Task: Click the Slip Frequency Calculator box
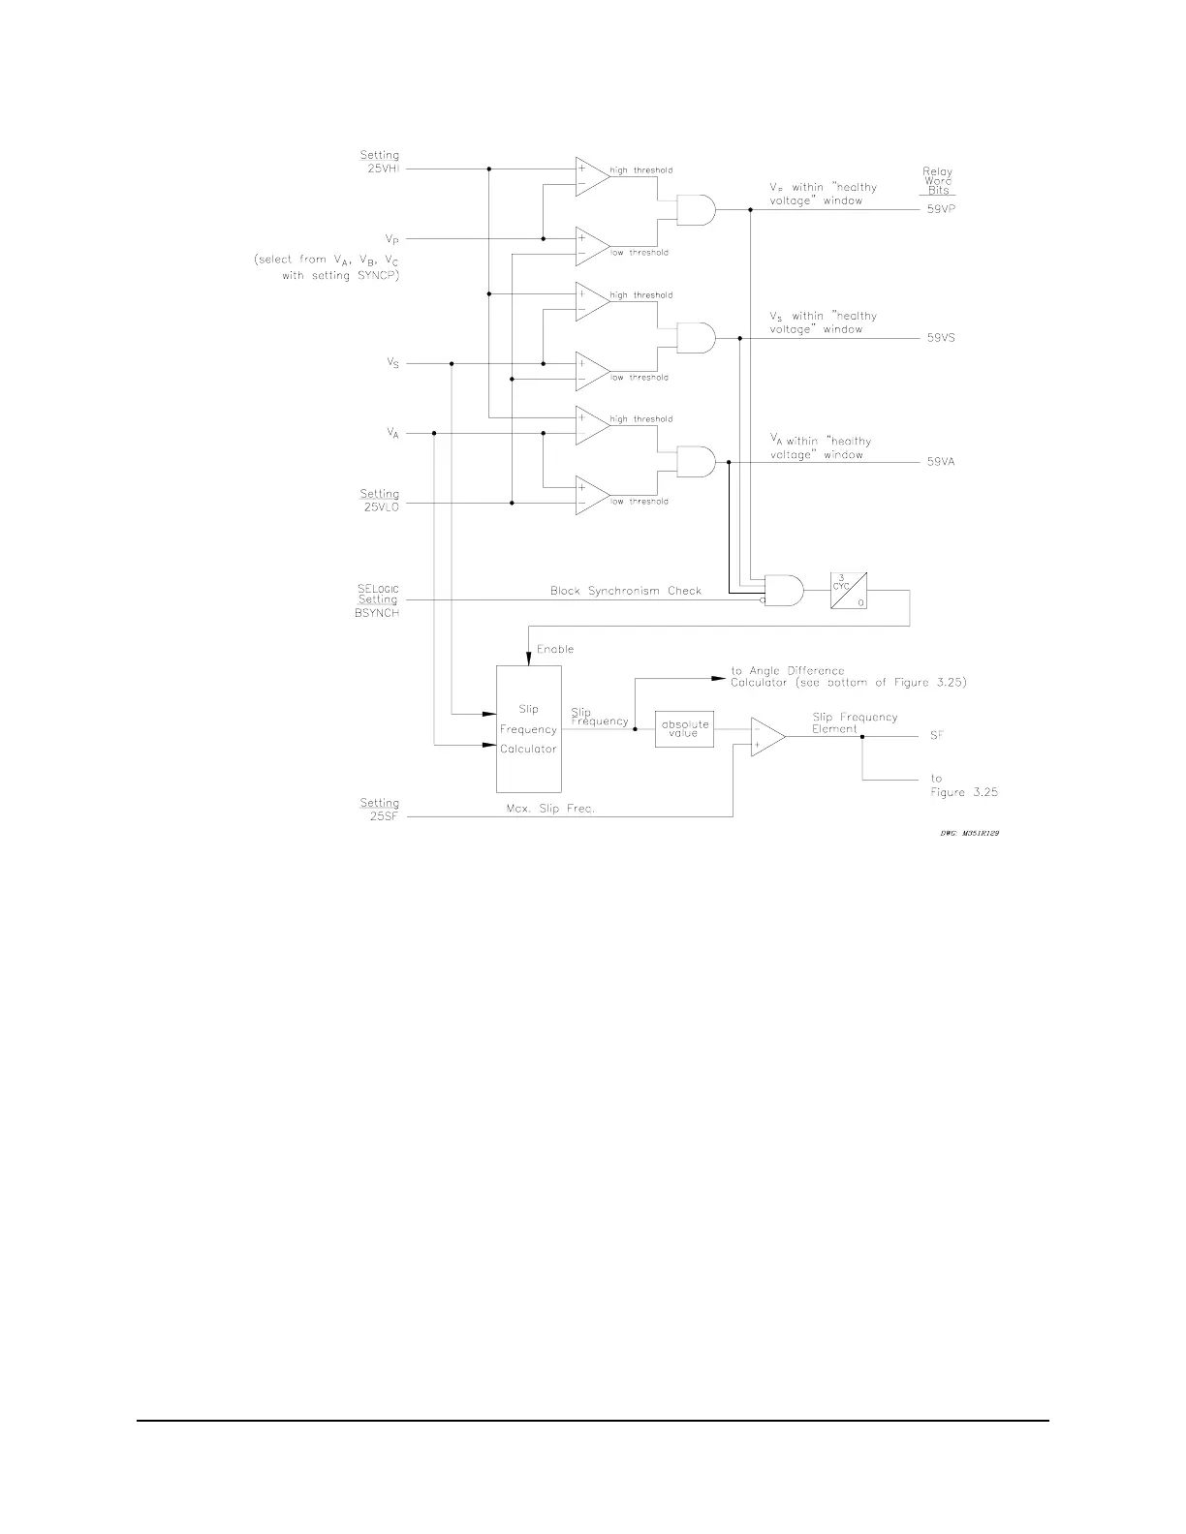point(528,729)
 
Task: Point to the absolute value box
point(685,729)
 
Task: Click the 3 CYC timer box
point(848,590)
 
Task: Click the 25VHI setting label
point(380,162)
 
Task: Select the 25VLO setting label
point(380,500)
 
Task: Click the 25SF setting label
point(380,809)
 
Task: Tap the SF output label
point(937,736)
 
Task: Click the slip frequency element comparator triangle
point(766,736)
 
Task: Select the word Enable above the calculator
point(555,649)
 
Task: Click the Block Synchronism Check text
point(626,591)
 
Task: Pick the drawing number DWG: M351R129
point(969,833)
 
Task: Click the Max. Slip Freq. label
point(550,810)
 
